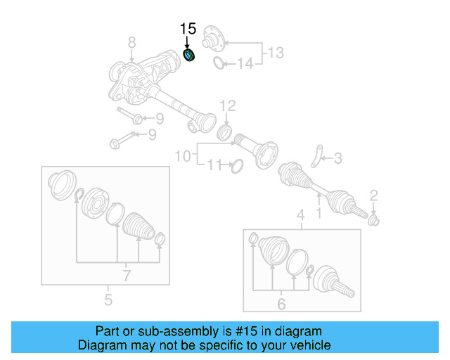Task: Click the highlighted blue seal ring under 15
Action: pos(188,55)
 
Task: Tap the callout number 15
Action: pos(188,29)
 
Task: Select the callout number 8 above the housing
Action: pos(131,44)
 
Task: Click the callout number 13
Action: pos(276,51)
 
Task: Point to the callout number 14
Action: pos(244,64)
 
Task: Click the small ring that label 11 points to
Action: pos(236,166)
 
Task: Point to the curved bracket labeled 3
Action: pos(318,155)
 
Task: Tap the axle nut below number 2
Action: pos(374,221)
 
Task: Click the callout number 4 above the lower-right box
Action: pos(300,214)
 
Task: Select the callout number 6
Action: pos(281,304)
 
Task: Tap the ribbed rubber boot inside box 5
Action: pos(137,226)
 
